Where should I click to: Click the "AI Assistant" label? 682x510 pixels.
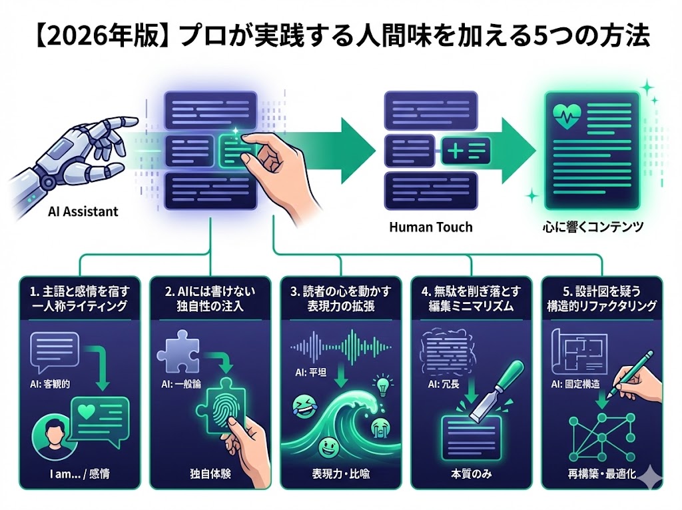(x=83, y=212)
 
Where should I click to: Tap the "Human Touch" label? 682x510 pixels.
(x=430, y=227)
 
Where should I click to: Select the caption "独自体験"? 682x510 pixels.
(x=210, y=476)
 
